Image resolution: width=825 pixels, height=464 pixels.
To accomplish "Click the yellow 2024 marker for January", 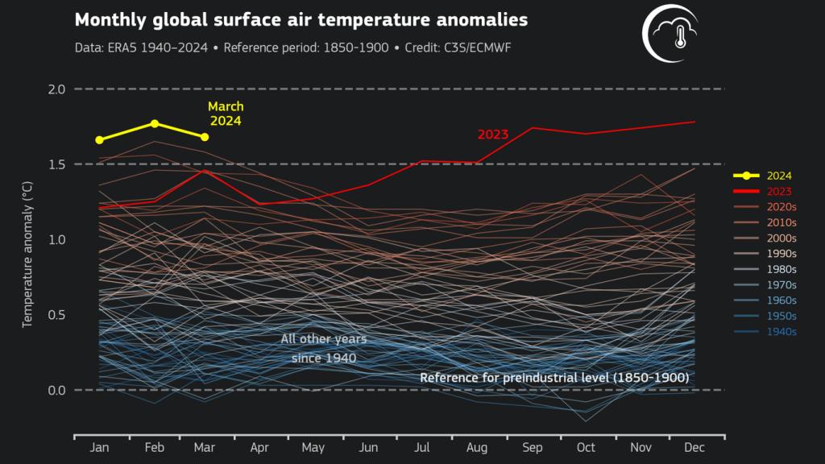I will (99, 139).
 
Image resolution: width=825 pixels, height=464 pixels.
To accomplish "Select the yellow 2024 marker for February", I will (155, 123).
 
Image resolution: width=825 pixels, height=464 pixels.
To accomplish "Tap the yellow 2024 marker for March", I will (205, 137).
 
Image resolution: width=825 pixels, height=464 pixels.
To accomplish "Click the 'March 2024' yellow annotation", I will (226, 114).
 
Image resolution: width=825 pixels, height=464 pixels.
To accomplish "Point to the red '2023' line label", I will (493, 135).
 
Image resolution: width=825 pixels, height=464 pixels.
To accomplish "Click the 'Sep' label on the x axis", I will (533, 447).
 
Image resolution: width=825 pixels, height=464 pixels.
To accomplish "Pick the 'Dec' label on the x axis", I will (694, 447).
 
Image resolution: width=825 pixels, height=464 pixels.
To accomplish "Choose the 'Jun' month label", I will (367, 447).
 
